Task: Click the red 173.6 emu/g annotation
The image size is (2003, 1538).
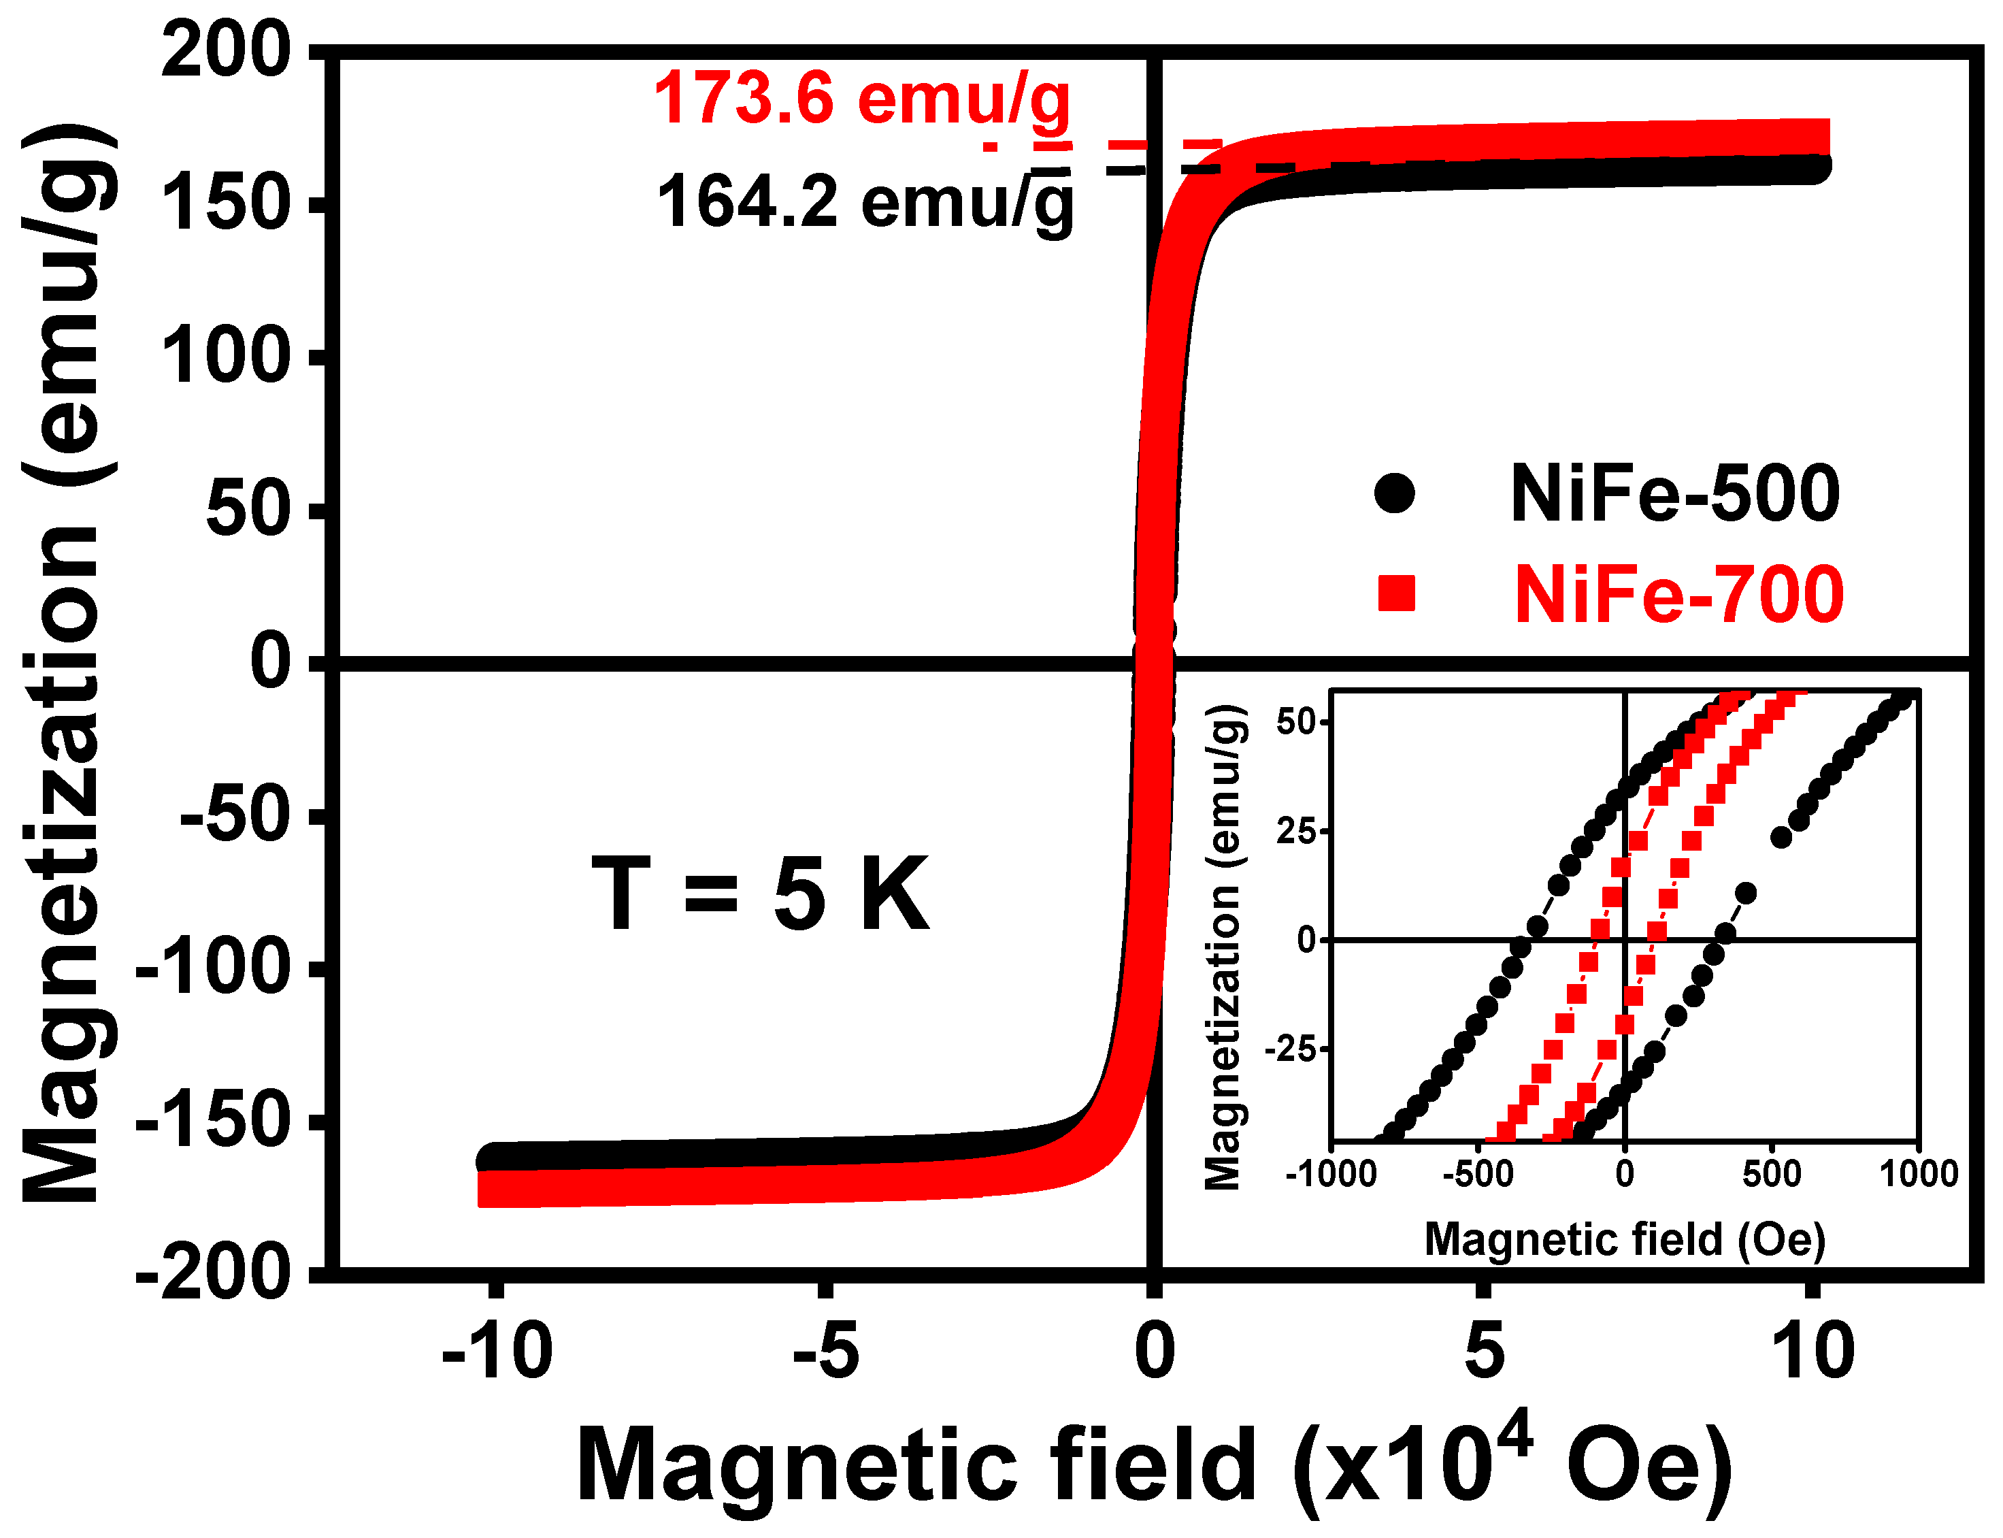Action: [x=861, y=99]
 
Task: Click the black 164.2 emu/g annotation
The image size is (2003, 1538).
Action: [x=865, y=202]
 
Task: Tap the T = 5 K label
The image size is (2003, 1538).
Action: [x=759, y=894]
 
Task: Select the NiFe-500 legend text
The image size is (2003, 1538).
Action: [x=1674, y=494]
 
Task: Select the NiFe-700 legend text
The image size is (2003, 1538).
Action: [x=1677, y=595]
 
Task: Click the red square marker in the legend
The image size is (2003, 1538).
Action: [x=1395, y=593]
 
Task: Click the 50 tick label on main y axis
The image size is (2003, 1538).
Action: [x=248, y=509]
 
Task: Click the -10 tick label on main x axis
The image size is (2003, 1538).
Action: [x=497, y=1352]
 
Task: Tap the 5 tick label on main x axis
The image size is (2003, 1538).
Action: [x=1483, y=1352]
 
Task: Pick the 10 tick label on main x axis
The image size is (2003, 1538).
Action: [x=1812, y=1352]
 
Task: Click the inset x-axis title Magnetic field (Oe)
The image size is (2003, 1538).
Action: [x=1624, y=1239]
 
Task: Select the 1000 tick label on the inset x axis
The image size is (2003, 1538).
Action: [x=1918, y=1174]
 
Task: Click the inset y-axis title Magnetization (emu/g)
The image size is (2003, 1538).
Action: [x=1224, y=947]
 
